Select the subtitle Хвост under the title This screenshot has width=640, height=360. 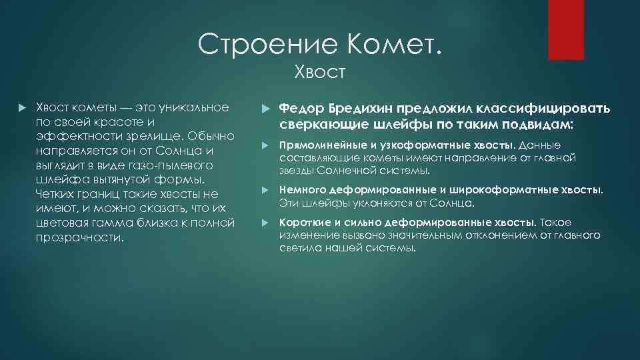pos(320,72)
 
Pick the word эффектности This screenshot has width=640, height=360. pos(78,137)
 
